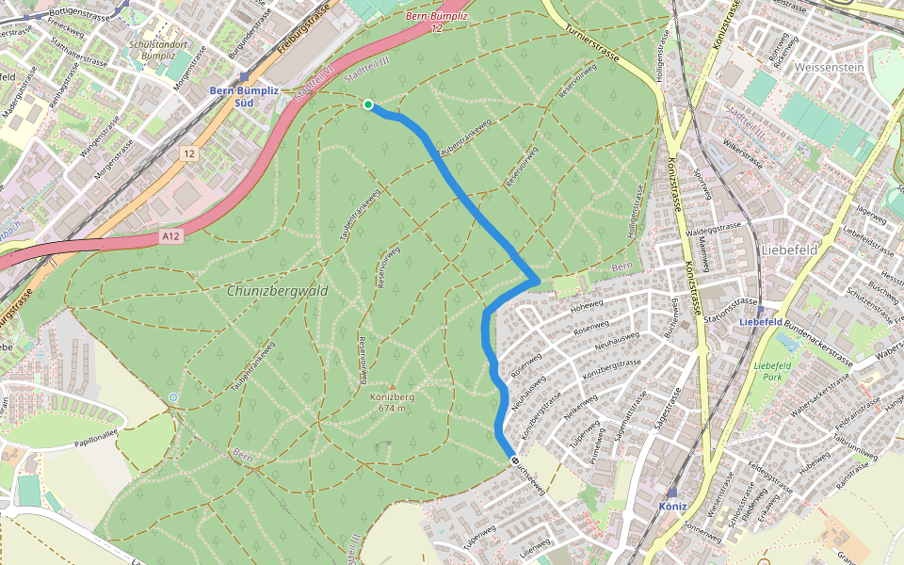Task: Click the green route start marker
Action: coord(367,105)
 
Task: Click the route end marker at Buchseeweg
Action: coord(514,460)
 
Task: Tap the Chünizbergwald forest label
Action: coord(277,292)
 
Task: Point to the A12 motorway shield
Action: coord(169,237)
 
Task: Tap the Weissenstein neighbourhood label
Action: coord(830,69)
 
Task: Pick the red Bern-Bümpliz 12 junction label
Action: coord(436,22)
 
